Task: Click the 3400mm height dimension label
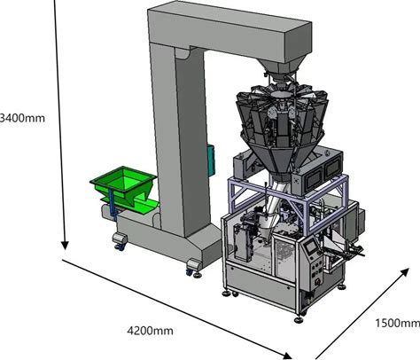(22, 118)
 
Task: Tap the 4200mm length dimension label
(150, 330)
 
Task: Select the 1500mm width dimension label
(398, 323)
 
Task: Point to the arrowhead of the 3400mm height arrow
(65, 246)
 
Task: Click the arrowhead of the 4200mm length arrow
(287, 356)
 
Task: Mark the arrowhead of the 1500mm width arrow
(405, 272)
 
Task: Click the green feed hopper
(124, 189)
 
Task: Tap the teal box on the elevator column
(211, 160)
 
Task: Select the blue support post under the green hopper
(112, 205)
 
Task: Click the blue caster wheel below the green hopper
(121, 247)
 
